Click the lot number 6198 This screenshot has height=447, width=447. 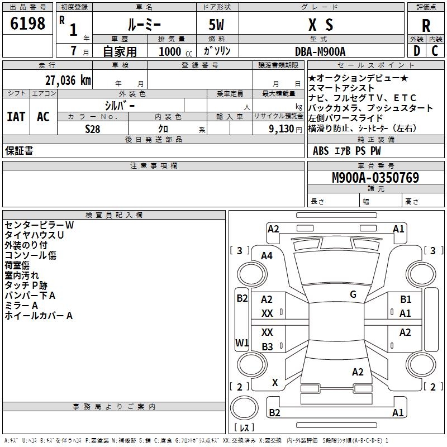[x=28, y=23]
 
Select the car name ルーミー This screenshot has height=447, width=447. [x=144, y=25]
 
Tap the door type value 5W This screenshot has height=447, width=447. [x=217, y=25]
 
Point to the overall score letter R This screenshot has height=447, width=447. [x=426, y=25]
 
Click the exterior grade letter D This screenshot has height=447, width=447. [x=416, y=50]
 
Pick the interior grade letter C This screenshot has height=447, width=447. [x=435, y=50]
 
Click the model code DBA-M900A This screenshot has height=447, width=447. [x=320, y=51]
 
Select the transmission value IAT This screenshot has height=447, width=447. [x=16, y=117]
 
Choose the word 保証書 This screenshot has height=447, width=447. [x=19, y=151]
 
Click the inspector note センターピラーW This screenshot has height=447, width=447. [x=39, y=225]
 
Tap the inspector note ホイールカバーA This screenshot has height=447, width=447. [x=39, y=316]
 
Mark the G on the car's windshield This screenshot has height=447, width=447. [x=353, y=294]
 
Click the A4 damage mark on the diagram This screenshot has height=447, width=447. [x=267, y=255]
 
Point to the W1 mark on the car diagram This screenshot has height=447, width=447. [x=241, y=343]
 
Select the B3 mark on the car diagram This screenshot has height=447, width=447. [x=267, y=347]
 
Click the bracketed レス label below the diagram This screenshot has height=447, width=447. [x=244, y=427]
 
